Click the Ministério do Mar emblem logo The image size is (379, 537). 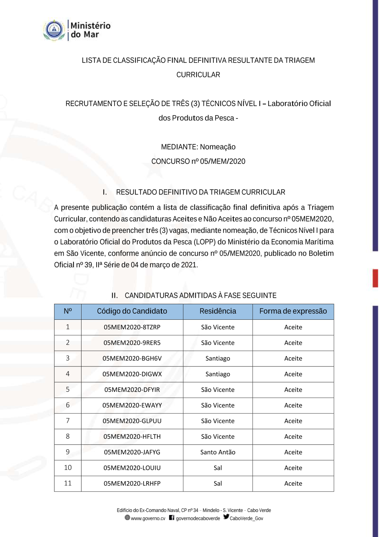(54, 30)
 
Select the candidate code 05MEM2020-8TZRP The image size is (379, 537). (132, 327)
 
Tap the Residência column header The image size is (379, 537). (218, 311)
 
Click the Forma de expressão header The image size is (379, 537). (293, 311)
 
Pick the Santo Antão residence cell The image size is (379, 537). (218, 452)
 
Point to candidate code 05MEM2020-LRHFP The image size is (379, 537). (132, 483)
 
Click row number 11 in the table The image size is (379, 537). (68, 483)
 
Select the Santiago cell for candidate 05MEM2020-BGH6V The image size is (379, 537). (218, 358)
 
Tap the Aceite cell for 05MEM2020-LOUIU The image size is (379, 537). (293, 468)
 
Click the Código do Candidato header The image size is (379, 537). (132, 311)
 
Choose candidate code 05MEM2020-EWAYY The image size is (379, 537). (132, 405)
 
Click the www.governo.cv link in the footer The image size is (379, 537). (148, 518)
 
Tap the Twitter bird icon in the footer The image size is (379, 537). (226, 517)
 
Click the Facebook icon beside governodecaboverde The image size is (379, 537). (172, 518)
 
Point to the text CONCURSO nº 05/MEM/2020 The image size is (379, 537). (198, 161)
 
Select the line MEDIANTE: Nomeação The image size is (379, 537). (198, 147)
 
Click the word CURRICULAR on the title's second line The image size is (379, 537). (198, 75)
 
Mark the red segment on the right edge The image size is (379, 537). (375, 278)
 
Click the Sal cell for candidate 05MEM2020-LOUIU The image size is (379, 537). (218, 468)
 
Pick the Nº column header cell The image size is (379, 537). (68, 311)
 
